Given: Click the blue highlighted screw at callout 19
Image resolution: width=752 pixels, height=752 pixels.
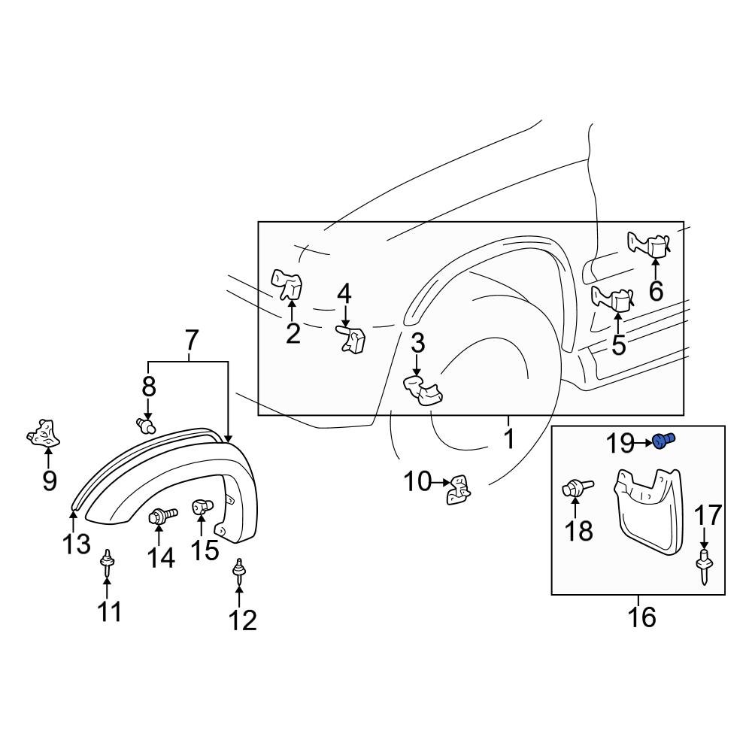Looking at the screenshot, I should pos(663,441).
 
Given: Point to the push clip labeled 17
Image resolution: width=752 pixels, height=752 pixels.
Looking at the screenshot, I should pos(705,564).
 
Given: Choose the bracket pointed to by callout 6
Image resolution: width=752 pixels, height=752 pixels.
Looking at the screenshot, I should pos(650,244).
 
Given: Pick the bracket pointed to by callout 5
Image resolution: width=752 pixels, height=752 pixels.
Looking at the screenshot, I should pos(614,300).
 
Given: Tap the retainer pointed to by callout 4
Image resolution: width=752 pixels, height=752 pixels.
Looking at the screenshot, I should pos(350,340).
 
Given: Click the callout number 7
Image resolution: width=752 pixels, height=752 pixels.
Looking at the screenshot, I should pos(191,341).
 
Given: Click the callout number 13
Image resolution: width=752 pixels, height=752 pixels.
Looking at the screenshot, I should pos(77,544).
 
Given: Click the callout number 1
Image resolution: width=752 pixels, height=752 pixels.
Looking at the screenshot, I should pos(509,438).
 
